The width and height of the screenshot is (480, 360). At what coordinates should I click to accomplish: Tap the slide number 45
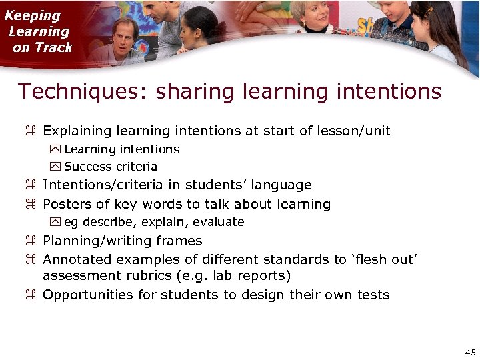pos(469,351)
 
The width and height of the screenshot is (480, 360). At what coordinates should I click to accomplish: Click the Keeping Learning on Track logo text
pos(40,31)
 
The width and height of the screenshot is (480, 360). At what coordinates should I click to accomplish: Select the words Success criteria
pos(111,167)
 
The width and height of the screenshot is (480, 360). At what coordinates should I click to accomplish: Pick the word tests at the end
pos(371,295)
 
